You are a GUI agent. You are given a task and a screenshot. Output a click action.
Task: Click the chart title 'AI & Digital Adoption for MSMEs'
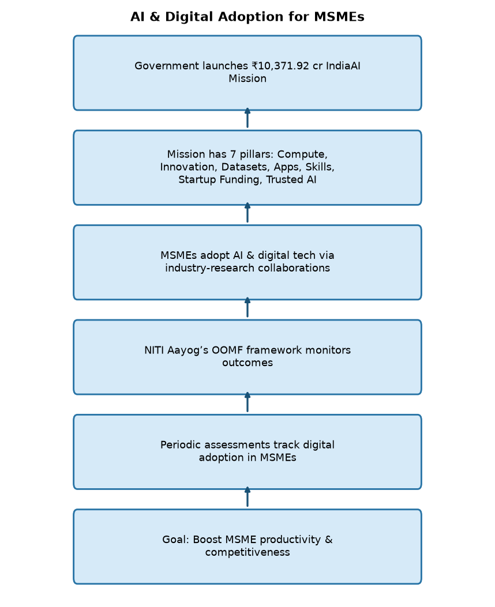(x=247, y=17)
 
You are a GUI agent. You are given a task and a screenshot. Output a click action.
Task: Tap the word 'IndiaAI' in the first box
(x=343, y=66)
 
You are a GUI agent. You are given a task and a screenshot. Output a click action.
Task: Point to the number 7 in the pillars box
(x=232, y=154)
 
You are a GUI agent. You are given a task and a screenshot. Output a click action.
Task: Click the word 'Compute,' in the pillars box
(x=302, y=154)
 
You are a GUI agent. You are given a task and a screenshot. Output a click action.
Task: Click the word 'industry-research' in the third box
(x=210, y=268)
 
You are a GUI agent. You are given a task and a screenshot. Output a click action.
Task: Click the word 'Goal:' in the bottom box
(x=176, y=540)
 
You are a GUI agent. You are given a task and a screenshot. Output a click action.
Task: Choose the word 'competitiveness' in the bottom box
(x=247, y=552)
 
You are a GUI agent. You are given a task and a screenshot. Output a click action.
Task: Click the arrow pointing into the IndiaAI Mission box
(x=247, y=118)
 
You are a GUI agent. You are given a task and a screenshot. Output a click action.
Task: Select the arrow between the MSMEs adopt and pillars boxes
(x=247, y=213)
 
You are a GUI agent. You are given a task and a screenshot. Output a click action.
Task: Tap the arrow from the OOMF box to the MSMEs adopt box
(x=247, y=307)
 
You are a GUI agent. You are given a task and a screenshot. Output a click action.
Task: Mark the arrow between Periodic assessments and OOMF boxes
(x=247, y=402)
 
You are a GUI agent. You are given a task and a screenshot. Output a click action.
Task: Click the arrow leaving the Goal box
(x=247, y=497)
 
